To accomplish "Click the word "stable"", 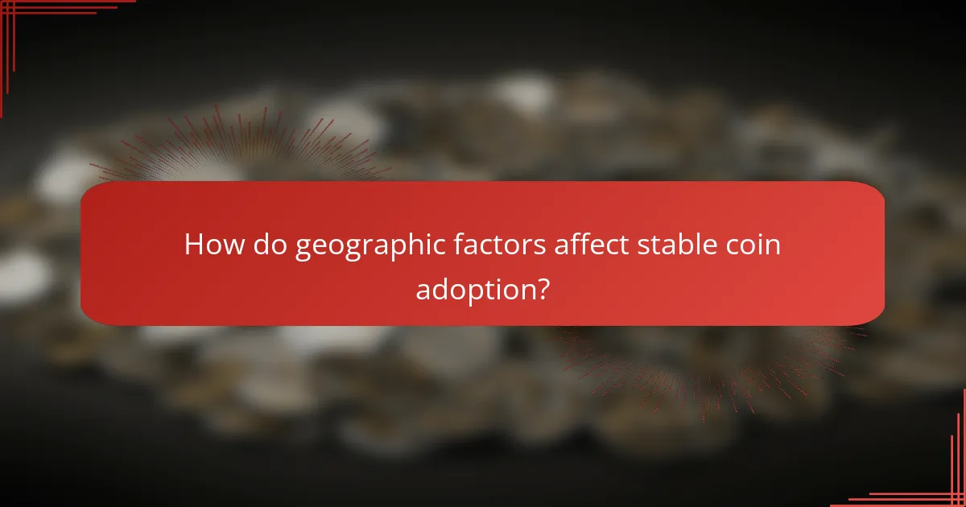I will coord(673,245).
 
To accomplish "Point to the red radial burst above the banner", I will coord(242,149).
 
